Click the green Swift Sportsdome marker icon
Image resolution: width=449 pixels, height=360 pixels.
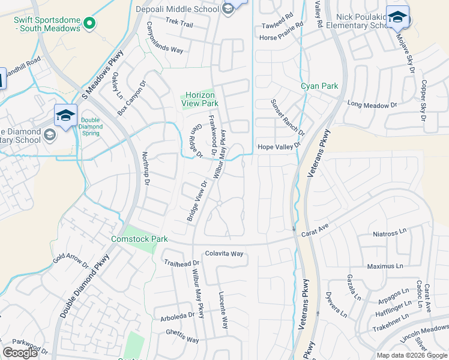tap(89, 23)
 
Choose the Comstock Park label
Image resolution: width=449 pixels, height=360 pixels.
tap(139, 239)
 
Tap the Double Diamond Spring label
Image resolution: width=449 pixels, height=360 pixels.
tap(90, 123)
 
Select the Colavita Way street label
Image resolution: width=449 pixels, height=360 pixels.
tap(224, 254)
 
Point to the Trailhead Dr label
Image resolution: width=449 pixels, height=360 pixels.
tap(181, 263)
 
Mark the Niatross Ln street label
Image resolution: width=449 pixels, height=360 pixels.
tap(390, 234)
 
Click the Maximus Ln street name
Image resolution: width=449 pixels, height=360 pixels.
tap(385, 266)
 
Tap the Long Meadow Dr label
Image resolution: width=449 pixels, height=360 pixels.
tap(372, 104)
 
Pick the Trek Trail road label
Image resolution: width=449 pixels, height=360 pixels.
tap(179, 25)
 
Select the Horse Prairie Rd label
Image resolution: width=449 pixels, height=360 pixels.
tap(282, 38)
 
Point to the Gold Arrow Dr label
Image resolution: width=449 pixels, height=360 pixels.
tap(70, 262)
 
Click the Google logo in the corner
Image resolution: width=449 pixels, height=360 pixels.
tap(20, 353)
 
